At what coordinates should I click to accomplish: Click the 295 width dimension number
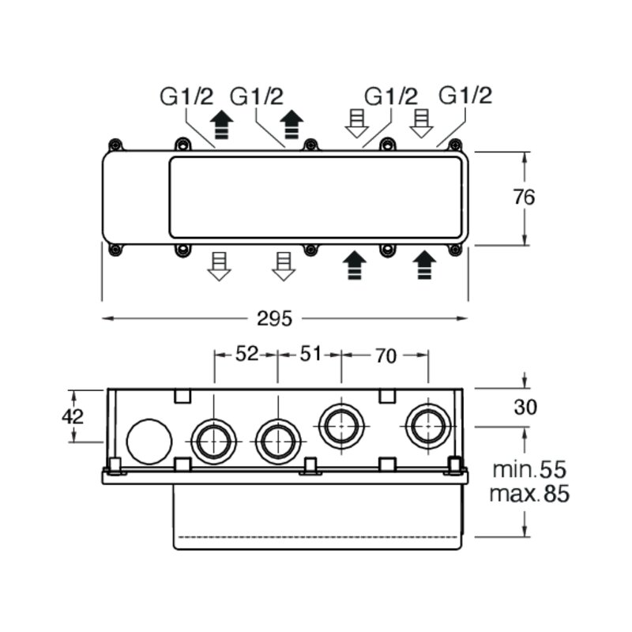coord(274,319)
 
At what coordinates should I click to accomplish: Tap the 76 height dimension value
coord(524,197)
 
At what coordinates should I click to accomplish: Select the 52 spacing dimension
coord(246,354)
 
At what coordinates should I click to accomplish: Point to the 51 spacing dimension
coord(310,354)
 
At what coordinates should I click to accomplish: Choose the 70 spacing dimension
coord(386,356)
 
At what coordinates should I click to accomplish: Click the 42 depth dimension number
coord(73,416)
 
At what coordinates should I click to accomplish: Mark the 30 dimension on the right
coord(525,408)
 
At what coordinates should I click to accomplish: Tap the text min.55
coord(529,470)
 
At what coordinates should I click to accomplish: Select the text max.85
coord(529,493)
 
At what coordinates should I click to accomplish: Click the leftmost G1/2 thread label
coord(186,96)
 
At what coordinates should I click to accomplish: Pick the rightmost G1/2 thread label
coord(465,96)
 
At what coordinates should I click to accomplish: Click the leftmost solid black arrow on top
coord(222,125)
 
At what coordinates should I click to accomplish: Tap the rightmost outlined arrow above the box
coord(421,123)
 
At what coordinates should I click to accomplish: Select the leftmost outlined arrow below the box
coord(219,266)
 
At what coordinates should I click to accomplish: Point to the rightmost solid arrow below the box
coord(424,265)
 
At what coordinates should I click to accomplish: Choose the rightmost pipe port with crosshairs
coord(428,427)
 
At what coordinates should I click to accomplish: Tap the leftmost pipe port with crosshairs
coord(213,442)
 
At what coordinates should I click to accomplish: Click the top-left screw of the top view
coord(115,145)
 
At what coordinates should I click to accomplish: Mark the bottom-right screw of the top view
coord(456,250)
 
